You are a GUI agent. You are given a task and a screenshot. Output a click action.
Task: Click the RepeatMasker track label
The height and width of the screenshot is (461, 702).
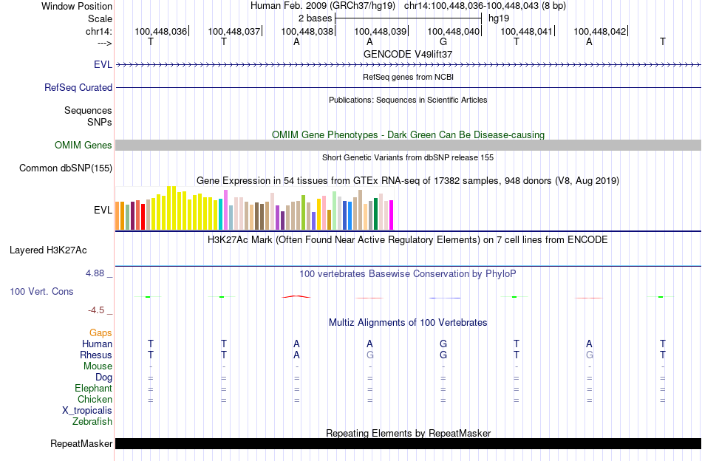point(81,444)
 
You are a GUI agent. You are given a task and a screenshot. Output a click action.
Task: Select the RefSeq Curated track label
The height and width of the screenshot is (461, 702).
point(78,87)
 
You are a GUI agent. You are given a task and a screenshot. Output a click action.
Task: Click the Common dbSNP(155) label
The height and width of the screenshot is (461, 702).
point(66,168)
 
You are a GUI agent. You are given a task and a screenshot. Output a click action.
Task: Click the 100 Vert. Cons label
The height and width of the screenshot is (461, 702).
point(41,292)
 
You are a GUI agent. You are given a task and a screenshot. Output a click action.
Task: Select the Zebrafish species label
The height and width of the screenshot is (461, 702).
point(92,422)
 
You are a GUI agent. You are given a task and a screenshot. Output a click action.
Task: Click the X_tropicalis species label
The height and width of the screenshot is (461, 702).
point(87,411)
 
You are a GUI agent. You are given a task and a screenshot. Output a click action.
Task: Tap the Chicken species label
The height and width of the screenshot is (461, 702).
point(95,400)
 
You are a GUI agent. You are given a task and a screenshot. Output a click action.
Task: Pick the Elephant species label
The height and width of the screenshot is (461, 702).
point(93,389)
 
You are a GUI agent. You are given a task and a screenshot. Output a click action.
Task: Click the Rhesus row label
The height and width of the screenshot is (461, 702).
point(96,355)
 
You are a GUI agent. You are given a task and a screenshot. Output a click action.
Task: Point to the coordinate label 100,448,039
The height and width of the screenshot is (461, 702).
point(381,31)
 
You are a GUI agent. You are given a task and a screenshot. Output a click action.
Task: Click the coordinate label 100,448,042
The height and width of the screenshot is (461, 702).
point(599,31)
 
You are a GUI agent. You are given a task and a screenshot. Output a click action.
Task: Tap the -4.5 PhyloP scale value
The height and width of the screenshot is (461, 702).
point(99,310)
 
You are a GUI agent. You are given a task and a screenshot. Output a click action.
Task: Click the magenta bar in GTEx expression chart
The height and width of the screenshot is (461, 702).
point(391,215)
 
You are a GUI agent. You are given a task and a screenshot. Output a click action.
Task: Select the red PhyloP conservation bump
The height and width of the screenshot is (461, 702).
point(296,296)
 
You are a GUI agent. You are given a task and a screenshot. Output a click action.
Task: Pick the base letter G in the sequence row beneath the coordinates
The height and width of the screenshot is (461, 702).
point(443,41)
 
